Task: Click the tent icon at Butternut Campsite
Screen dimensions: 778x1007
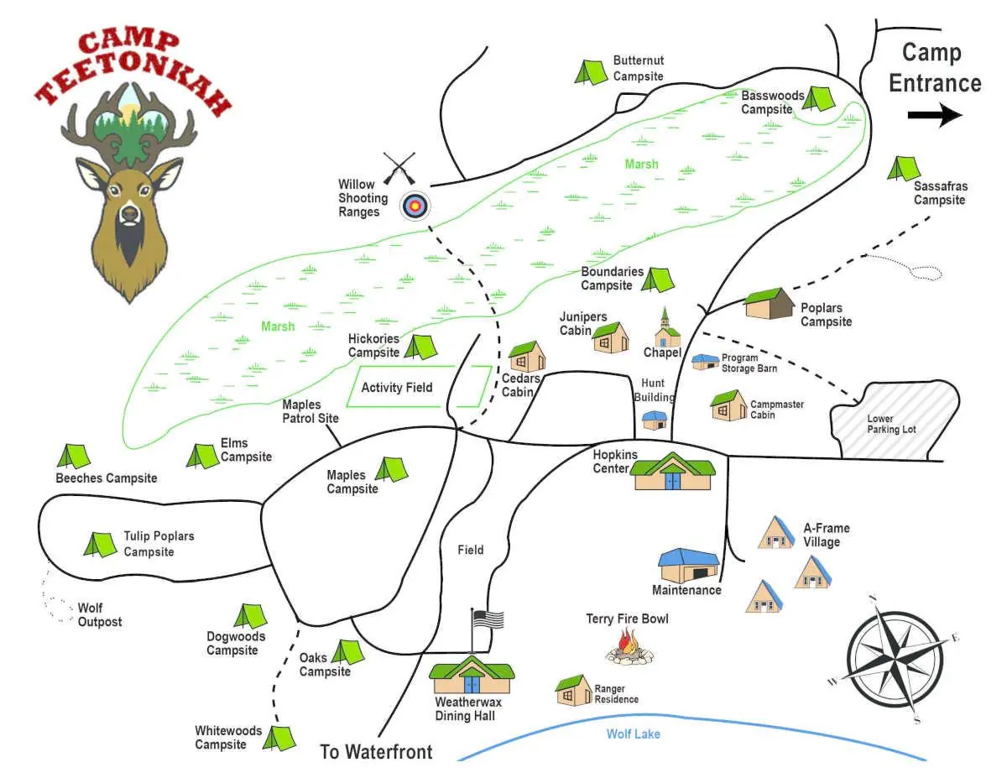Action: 591,71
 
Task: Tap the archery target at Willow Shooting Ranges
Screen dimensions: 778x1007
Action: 415,205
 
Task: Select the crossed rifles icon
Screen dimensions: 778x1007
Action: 399,169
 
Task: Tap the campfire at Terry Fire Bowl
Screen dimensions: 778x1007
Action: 629,648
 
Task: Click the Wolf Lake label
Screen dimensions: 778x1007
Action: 634,734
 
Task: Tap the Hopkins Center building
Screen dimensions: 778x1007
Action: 673,472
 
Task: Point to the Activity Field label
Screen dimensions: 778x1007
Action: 397,387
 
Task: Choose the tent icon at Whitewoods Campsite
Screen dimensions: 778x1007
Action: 279,738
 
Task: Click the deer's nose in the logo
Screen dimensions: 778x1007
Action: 129,213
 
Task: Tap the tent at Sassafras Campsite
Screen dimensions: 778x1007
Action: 904,169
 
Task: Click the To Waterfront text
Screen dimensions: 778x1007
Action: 376,751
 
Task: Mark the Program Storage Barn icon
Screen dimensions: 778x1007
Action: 705,362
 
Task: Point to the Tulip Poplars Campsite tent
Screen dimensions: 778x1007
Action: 100,545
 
